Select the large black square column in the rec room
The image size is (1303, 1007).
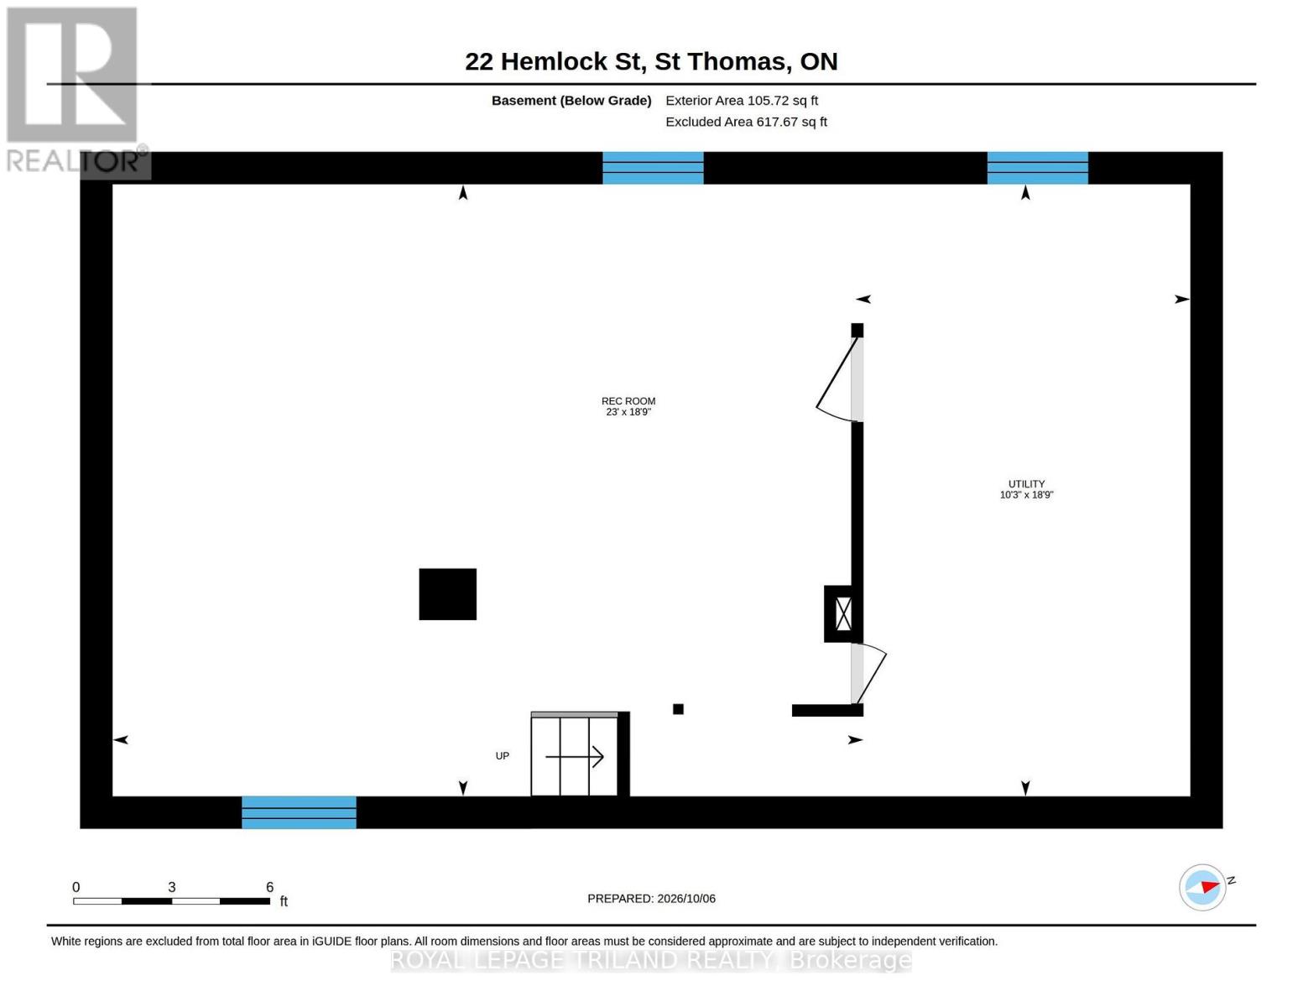click(447, 594)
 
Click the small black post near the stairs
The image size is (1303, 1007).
click(678, 709)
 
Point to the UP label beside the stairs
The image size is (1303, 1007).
click(502, 756)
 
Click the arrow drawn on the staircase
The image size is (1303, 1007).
click(574, 756)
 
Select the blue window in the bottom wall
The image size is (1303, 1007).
click(299, 812)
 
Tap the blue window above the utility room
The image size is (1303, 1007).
click(1037, 168)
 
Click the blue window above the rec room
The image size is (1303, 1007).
click(653, 168)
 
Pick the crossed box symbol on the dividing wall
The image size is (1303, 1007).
click(843, 613)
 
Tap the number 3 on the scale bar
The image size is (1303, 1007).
click(171, 886)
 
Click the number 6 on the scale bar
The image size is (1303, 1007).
click(270, 886)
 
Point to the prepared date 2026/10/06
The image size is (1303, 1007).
click(686, 899)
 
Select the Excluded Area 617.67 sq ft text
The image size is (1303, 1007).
click(746, 122)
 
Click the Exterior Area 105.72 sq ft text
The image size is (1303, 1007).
click(741, 101)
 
